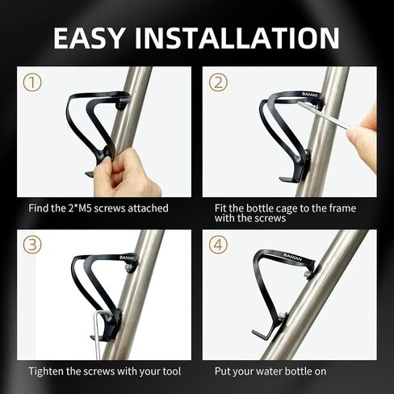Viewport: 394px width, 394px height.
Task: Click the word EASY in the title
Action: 89,38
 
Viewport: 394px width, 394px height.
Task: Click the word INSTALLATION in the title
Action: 237,38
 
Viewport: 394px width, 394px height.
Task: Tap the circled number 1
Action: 32,82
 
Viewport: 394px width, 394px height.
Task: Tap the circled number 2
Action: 218,82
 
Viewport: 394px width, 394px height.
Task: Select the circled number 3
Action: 32,245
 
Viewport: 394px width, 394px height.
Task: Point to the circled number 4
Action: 218,245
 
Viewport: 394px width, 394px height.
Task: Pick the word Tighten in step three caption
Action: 46,371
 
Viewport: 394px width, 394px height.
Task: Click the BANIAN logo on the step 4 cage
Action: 292,257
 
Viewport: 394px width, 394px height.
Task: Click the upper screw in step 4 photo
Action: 307,275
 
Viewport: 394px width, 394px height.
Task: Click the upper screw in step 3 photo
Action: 129,266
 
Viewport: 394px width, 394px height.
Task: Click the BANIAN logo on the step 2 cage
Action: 310,94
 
